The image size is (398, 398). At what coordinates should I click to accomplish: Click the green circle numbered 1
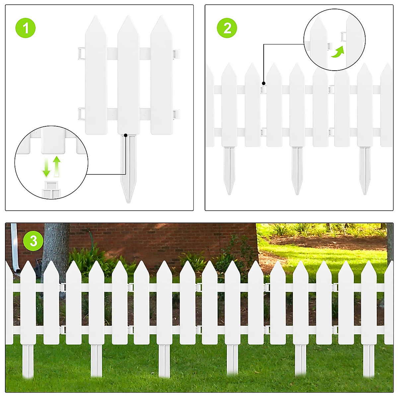[26, 28]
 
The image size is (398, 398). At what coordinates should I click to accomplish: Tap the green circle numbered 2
[227, 28]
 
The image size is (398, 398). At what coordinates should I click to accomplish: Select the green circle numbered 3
[33, 241]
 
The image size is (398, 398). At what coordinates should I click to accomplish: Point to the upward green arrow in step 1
[57, 166]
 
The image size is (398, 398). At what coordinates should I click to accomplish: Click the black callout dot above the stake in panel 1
[126, 135]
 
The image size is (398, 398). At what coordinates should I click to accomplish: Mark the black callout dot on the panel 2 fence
[264, 83]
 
